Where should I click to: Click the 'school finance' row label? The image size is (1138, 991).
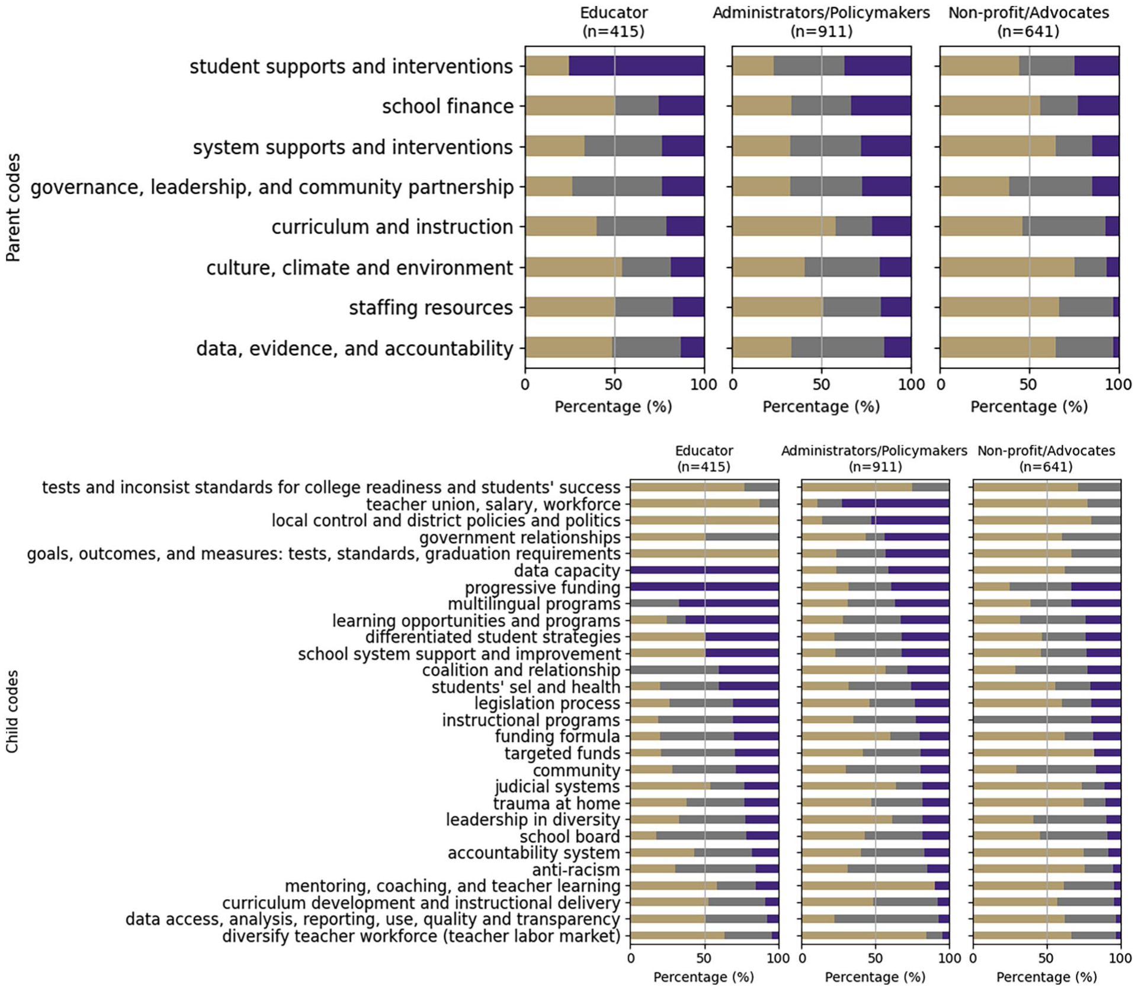(x=448, y=107)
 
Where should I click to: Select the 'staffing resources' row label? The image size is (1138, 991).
(x=431, y=308)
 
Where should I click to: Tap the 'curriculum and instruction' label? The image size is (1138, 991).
(x=392, y=227)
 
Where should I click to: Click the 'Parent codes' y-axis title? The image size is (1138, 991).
(x=13, y=208)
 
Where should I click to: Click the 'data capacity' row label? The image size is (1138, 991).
(x=567, y=571)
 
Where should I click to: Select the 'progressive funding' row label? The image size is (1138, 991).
(x=542, y=588)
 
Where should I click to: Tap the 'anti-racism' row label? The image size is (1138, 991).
(x=576, y=870)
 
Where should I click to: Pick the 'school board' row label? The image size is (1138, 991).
(x=570, y=836)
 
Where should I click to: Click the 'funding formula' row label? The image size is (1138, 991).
(x=557, y=736)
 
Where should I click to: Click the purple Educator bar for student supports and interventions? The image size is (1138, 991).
(x=637, y=66)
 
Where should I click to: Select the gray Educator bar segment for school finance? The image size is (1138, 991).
(x=637, y=106)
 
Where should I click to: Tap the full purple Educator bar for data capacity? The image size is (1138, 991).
(x=704, y=570)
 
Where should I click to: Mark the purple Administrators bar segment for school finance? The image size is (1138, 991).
(x=881, y=106)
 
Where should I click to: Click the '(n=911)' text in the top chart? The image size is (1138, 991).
(x=821, y=31)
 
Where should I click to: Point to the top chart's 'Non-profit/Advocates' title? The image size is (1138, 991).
(x=1029, y=12)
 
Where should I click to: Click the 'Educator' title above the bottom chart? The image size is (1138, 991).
(x=704, y=451)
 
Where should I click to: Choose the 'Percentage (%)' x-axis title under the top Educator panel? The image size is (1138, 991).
(x=613, y=407)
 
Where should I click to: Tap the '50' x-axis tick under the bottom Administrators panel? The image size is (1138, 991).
(x=875, y=958)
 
